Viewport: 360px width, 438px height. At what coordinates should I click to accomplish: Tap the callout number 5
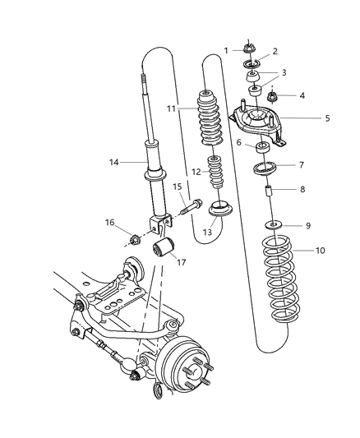[326, 118]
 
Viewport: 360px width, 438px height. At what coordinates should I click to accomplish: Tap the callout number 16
[108, 223]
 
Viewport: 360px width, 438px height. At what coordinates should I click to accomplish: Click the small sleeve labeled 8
[270, 197]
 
